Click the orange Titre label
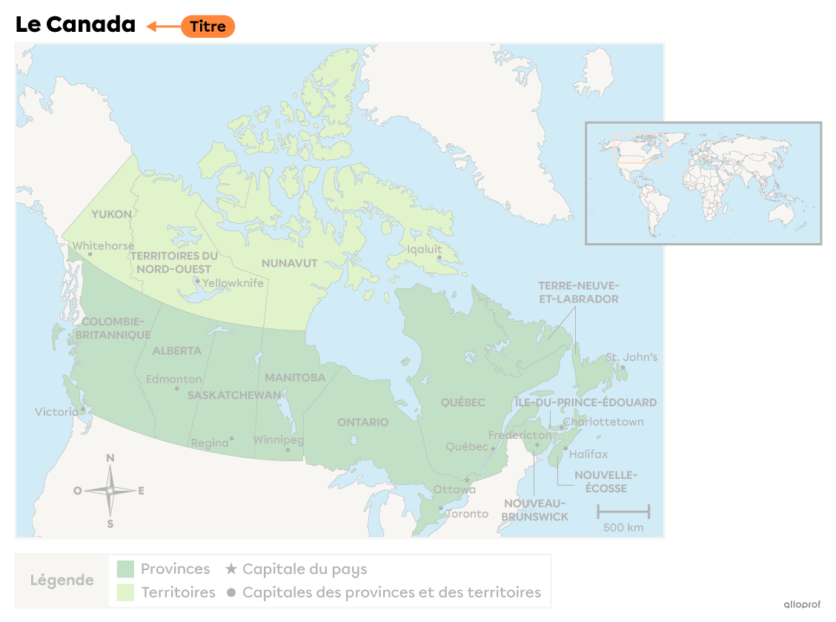coord(208,27)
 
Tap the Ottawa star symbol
coord(466,480)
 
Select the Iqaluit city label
coord(424,249)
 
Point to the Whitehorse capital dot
coord(90,254)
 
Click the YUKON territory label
coord(111,214)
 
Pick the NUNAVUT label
coord(289,263)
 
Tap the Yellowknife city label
coord(233,283)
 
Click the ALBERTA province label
coord(176,351)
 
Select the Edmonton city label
coord(173,379)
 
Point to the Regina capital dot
coord(232,438)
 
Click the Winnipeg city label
coord(279,440)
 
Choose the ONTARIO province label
coord(362,422)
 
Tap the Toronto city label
coord(467,514)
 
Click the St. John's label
coord(631,357)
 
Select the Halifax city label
coord(588,454)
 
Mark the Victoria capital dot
coord(83,408)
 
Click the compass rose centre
coord(110,491)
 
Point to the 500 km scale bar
coord(623,511)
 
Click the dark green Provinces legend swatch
coord(125,569)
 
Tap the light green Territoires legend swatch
coord(125,592)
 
